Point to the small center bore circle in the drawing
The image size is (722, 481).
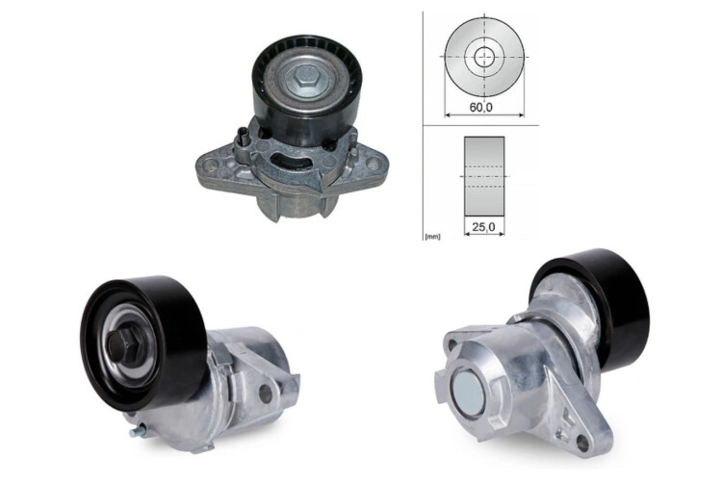(x=484, y=57)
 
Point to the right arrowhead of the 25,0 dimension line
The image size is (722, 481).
(x=503, y=235)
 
